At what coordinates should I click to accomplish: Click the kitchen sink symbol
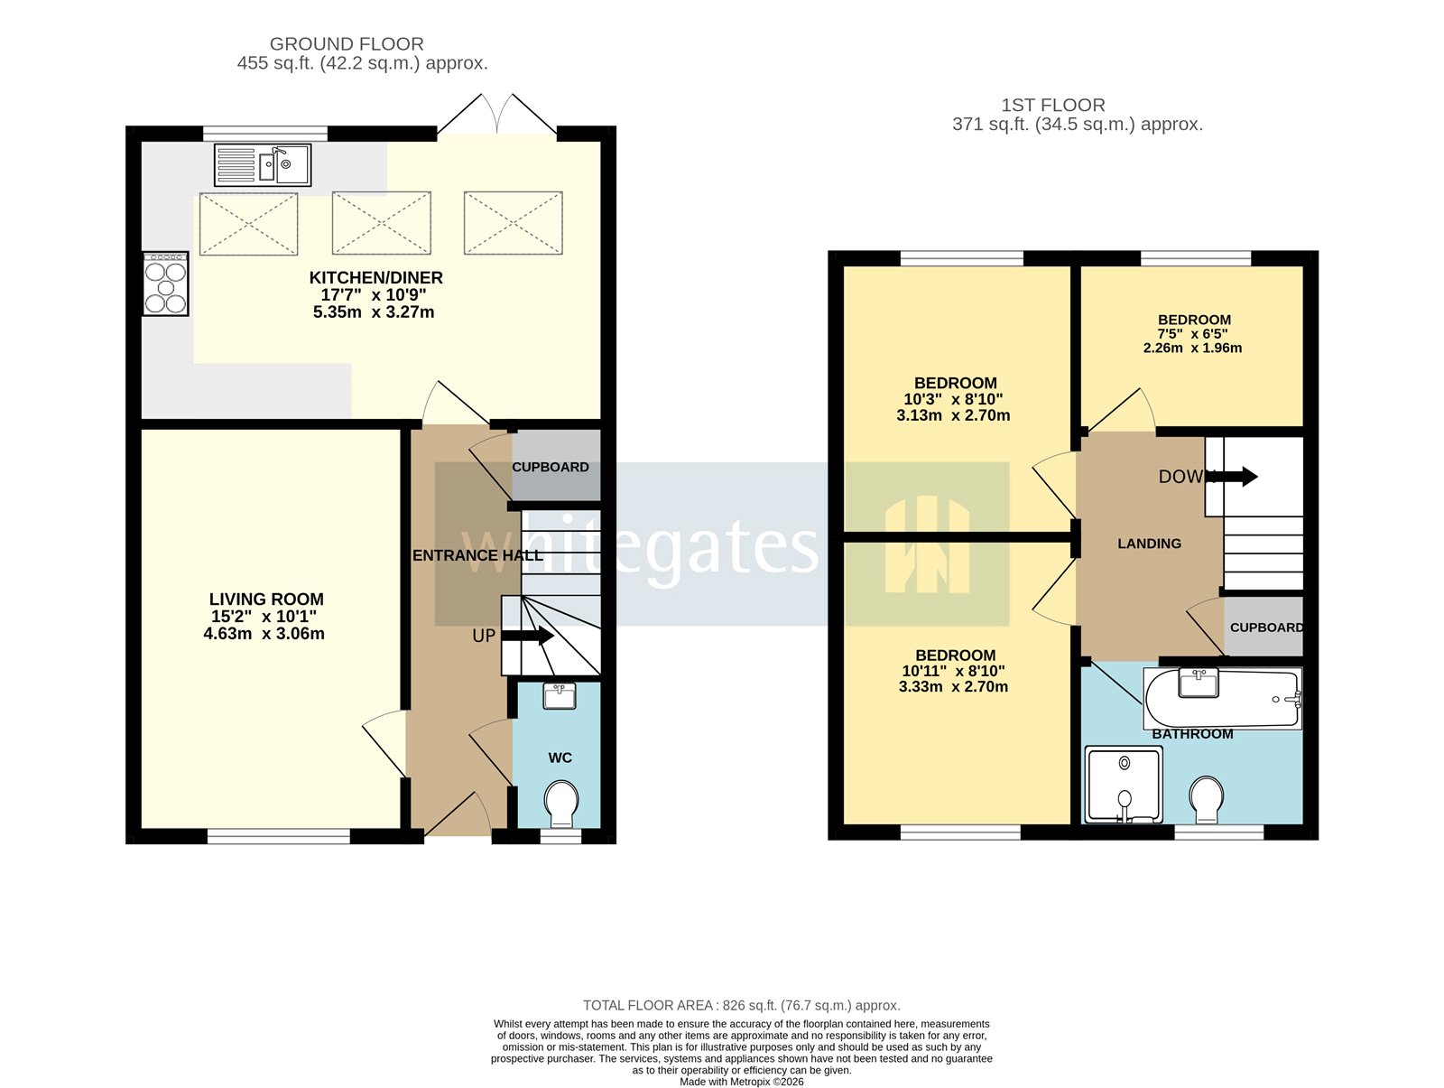click(x=263, y=165)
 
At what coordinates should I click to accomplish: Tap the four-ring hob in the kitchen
click(x=166, y=284)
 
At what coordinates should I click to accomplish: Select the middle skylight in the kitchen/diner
click(x=381, y=223)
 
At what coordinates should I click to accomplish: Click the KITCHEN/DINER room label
click(x=375, y=278)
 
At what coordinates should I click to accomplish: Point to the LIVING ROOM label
click(x=266, y=600)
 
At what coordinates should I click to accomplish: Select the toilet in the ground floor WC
click(x=562, y=803)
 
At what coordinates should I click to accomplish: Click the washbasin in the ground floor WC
click(x=560, y=696)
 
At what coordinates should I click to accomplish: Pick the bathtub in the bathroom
click(x=1223, y=699)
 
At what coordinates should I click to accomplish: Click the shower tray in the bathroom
click(x=1124, y=784)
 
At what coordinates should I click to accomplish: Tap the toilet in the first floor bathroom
click(x=1206, y=799)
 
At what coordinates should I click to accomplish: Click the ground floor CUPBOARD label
click(x=551, y=468)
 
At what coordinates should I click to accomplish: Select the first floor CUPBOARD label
click(x=1266, y=628)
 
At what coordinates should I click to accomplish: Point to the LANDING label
click(x=1149, y=544)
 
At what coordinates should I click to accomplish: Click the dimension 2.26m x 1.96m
click(x=1192, y=349)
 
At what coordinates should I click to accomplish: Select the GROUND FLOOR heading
click(x=347, y=44)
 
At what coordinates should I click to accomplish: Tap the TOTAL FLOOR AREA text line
click(x=741, y=1005)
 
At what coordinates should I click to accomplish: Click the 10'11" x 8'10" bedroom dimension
click(x=953, y=671)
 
